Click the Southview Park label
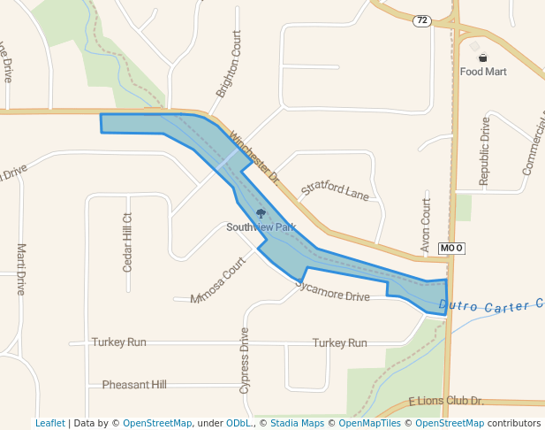coord(261,227)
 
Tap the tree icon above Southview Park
coord(261,213)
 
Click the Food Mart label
coord(483,72)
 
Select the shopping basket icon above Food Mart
coord(482,58)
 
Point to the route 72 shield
coord(422,20)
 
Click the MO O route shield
coord(450,249)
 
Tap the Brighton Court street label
coord(228,67)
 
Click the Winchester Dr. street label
coord(254,157)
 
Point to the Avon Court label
coord(426,226)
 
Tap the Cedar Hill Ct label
coord(127,242)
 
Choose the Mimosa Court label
coord(217,280)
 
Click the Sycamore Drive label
coord(332,291)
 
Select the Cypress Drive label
coord(245,361)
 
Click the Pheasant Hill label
coord(134,385)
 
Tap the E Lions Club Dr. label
coord(446,402)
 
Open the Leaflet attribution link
coord(50,423)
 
